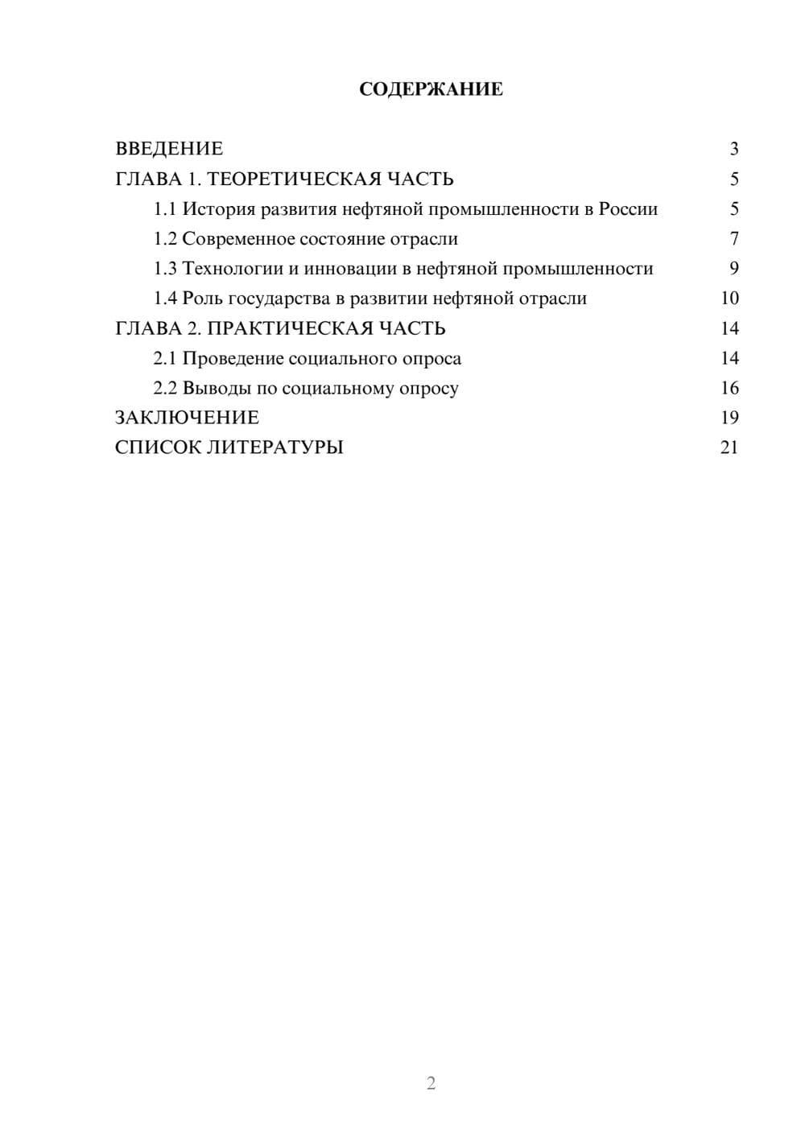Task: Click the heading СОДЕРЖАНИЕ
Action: tap(431, 89)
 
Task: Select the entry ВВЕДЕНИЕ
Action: tap(169, 149)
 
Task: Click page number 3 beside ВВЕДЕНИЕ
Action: tap(734, 149)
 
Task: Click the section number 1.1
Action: tap(165, 209)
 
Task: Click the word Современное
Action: tap(240, 239)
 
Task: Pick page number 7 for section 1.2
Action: tap(734, 239)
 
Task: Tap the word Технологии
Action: tap(233, 269)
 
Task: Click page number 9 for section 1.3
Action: tap(734, 269)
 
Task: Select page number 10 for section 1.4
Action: tap(729, 299)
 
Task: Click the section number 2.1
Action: tap(165, 358)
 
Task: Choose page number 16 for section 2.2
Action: tap(729, 388)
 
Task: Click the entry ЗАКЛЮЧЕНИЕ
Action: tap(187, 418)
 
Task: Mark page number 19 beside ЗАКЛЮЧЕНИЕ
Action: tap(729, 418)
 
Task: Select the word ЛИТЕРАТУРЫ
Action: tap(275, 447)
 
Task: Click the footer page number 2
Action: tap(431, 1083)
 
